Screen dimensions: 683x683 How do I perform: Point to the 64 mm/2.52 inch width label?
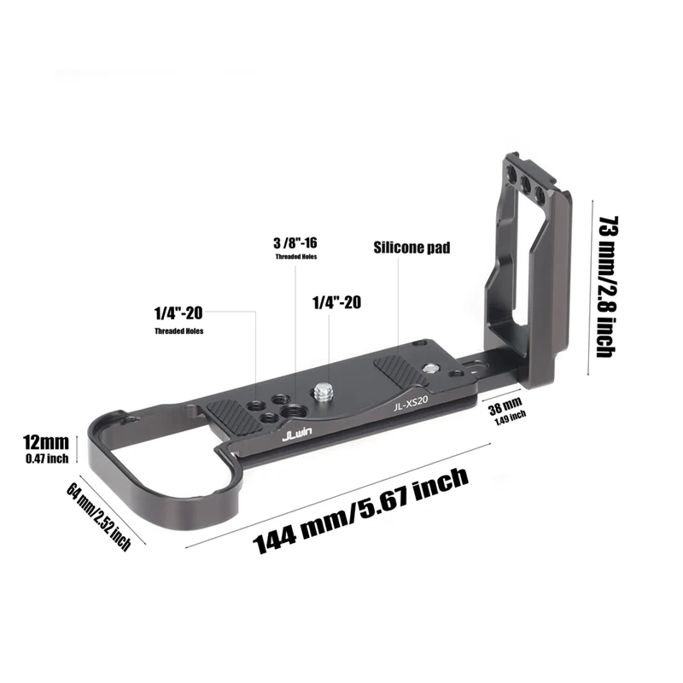[98, 517]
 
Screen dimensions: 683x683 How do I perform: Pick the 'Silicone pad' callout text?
[412, 248]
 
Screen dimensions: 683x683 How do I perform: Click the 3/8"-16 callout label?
[295, 243]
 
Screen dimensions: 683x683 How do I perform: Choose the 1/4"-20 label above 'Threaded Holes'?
[178, 313]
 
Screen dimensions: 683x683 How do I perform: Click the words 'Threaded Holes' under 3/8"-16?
[295, 257]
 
